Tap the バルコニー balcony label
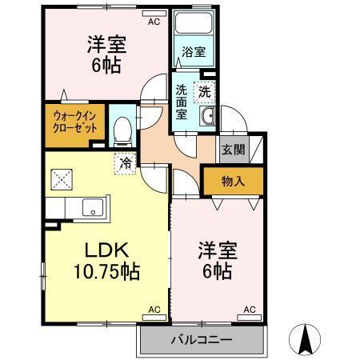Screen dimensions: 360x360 pyautogui.click(x=201, y=339)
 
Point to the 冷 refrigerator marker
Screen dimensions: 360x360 pyautogui.click(x=125, y=162)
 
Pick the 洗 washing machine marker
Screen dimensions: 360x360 pyautogui.click(x=205, y=90)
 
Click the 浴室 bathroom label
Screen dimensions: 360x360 pyautogui.click(x=193, y=53)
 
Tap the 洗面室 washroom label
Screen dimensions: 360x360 pyautogui.click(x=182, y=102)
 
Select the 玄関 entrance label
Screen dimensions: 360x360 pyautogui.click(x=233, y=149)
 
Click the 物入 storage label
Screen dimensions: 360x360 pyautogui.click(x=232, y=182)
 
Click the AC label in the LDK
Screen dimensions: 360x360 pyautogui.click(x=154, y=310)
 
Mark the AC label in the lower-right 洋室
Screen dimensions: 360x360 pyautogui.click(x=249, y=310)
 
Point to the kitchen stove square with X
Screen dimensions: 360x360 pyautogui.click(x=62, y=178)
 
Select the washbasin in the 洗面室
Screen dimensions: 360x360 pyautogui.click(x=207, y=117)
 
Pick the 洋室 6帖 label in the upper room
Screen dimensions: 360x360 pyautogui.click(x=104, y=54)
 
